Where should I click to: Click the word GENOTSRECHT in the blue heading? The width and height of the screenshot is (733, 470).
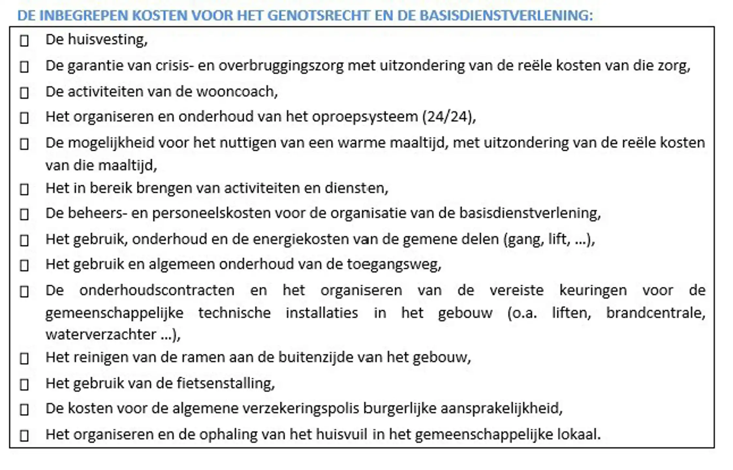[320, 16]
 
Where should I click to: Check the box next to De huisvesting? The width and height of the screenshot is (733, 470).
[24, 41]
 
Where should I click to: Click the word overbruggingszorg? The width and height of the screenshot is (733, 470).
[281, 66]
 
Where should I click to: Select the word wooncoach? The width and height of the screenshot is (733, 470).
[236, 92]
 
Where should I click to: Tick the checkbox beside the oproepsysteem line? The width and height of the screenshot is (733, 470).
[24, 118]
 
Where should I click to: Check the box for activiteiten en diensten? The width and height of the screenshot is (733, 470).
[24, 189]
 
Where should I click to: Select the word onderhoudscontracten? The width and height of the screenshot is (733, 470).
[157, 290]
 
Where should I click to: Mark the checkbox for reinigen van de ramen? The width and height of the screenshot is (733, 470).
[24, 359]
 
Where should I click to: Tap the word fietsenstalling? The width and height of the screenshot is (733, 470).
[225, 384]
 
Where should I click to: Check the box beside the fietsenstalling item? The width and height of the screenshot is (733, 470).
[24, 385]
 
